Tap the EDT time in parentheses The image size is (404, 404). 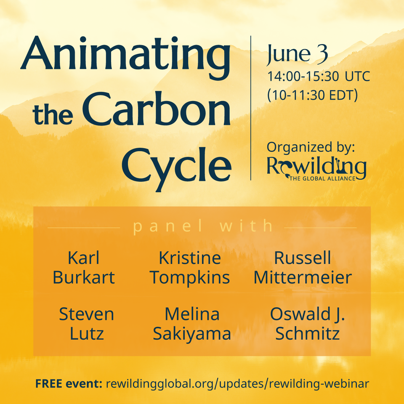[312, 95]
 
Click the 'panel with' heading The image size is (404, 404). [203, 226]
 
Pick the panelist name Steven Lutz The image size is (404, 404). [86, 324]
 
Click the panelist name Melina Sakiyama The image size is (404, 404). [191, 324]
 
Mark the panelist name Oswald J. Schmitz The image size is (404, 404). [307, 324]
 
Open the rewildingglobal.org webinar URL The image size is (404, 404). [238, 384]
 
